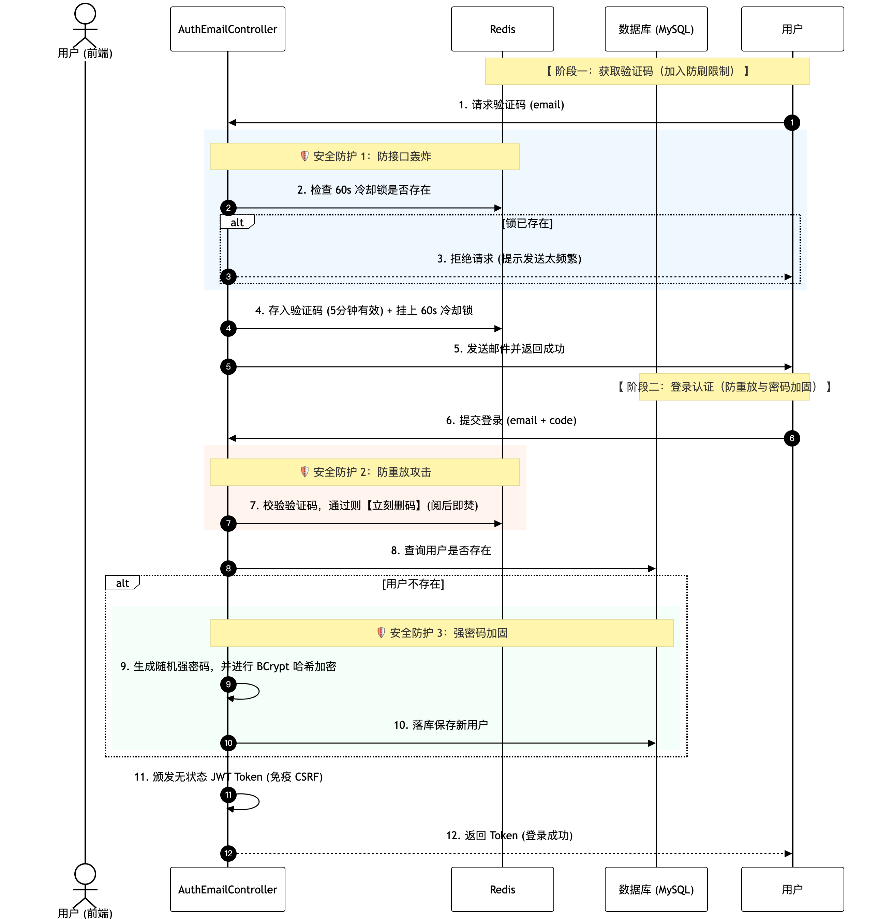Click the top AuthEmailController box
227,29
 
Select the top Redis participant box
502,29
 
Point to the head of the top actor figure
85,14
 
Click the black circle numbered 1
792,123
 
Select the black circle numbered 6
792,438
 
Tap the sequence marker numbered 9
228,684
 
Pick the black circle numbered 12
228,853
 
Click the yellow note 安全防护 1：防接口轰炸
365,156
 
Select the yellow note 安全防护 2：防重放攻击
365,472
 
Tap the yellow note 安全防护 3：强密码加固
442,633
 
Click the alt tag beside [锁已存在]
237,222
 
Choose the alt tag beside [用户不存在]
122,583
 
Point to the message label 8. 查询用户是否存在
441,550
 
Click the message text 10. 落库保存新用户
441,725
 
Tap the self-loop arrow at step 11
259,801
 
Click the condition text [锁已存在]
527,223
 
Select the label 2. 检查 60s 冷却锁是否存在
364,190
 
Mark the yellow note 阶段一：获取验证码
647,71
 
